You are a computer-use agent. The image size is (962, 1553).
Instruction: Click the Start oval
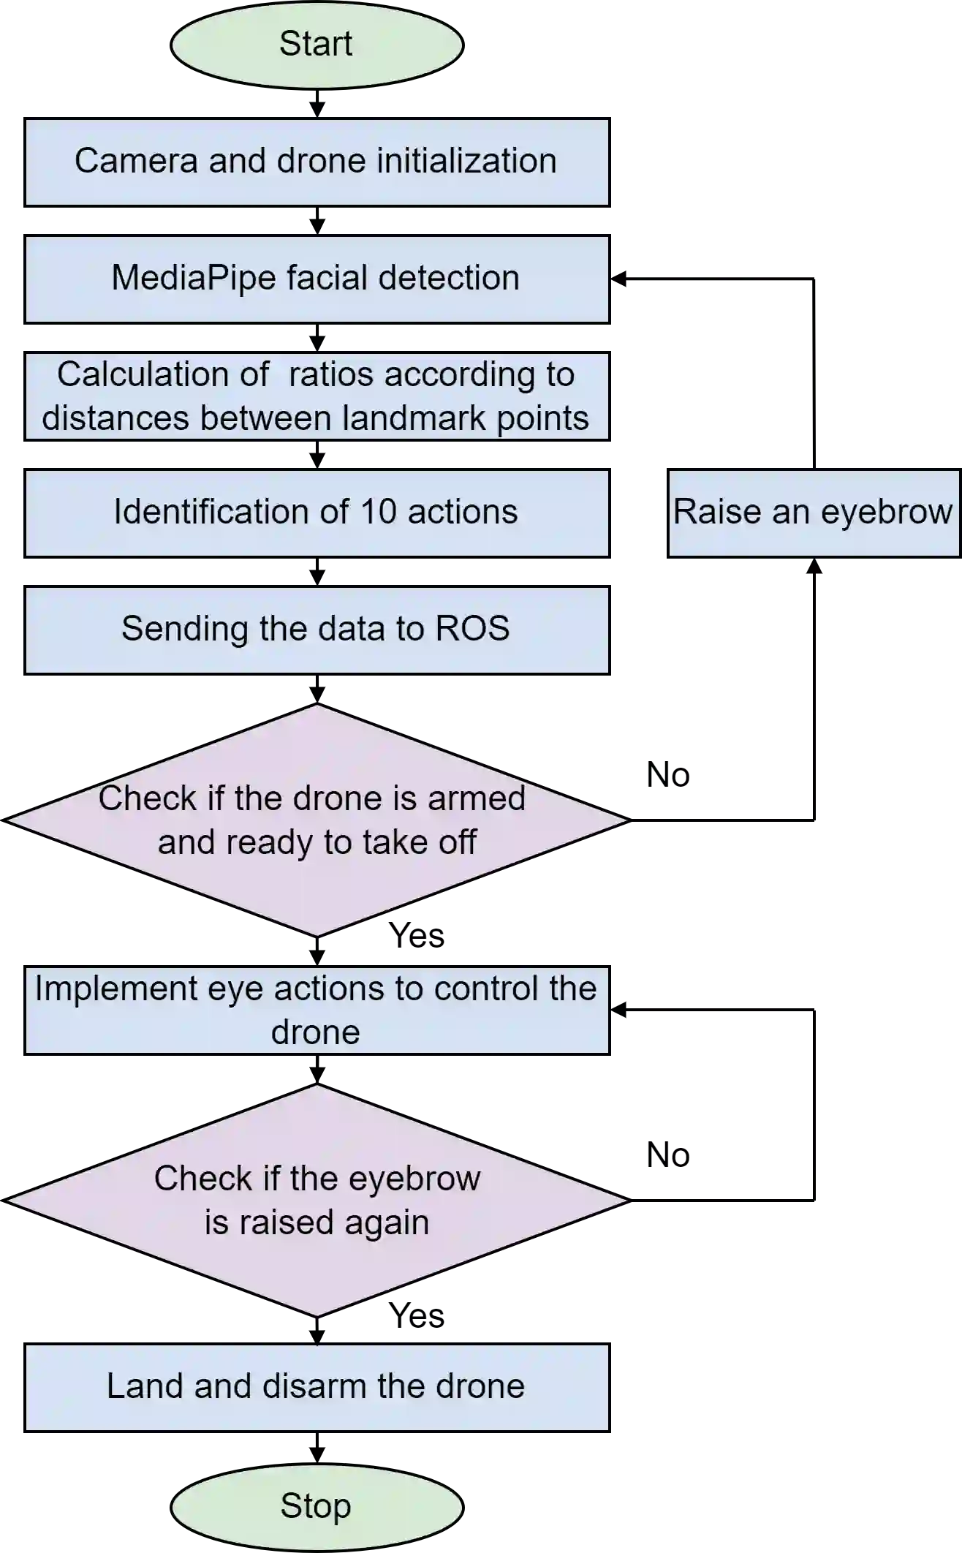point(317,45)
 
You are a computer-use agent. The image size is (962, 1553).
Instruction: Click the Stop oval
point(317,1507)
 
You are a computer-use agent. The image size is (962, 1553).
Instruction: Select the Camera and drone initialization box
point(317,162)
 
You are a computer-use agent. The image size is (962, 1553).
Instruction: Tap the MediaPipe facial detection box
point(317,279)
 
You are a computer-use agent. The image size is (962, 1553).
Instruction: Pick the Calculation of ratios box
point(317,396)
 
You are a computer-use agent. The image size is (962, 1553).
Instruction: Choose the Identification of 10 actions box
point(317,513)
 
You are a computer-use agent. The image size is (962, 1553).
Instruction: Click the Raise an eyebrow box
point(814,513)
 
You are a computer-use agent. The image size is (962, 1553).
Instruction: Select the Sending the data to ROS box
point(317,630)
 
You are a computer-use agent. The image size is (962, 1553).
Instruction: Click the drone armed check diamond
point(317,820)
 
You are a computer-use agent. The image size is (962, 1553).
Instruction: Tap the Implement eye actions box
point(317,1010)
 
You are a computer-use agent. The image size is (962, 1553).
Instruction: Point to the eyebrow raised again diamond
point(317,1200)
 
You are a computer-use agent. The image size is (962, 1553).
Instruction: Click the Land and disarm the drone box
point(317,1387)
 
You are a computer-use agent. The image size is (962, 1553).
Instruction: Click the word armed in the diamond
point(476,798)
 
